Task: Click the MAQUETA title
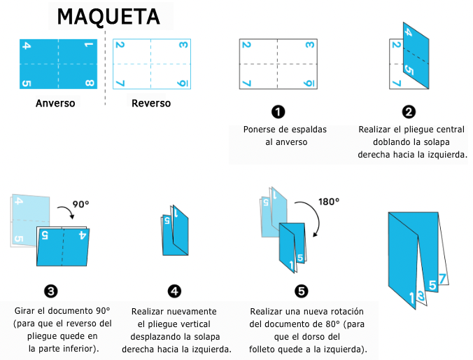tap(108, 15)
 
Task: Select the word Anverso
tap(56, 104)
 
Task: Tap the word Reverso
tap(151, 104)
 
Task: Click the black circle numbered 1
tap(278, 111)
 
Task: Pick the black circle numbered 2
tap(409, 111)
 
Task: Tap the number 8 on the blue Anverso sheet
tap(89, 84)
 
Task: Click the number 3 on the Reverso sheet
tap(183, 46)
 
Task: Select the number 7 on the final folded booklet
tap(442, 278)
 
